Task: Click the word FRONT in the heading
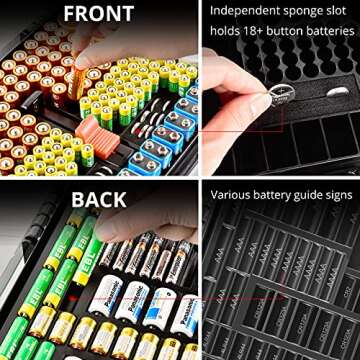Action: (x=99, y=15)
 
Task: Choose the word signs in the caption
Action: (x=338, y=191)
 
